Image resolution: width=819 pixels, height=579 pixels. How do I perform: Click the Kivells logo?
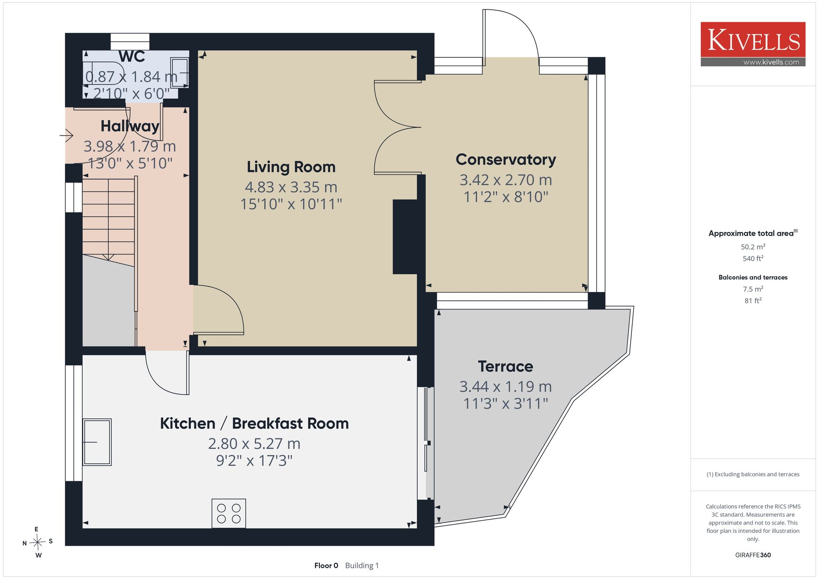(753, 44)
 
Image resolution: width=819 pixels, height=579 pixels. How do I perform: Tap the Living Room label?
(291, 167)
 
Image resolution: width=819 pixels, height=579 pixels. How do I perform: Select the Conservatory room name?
(506, 160)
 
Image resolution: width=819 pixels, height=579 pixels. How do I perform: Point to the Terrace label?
(505, 366)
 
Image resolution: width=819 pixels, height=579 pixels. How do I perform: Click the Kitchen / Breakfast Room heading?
(254, 424)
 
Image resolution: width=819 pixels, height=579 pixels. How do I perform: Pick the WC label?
(132, 56)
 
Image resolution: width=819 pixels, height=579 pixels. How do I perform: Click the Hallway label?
(130, 126)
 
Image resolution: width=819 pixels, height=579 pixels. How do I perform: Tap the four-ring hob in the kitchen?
(229, 513)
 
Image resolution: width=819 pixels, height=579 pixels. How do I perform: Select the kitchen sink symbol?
(97, 442)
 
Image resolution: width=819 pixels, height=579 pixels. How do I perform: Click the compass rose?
(37, 543)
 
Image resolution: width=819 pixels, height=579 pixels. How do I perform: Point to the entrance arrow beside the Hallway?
(67, 135)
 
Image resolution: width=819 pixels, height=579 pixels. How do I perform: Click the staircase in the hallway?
(109, 219)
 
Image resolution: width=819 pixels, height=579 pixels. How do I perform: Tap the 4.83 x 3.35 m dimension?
(291, 187)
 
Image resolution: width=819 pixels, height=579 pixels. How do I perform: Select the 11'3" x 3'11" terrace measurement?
(505, 403)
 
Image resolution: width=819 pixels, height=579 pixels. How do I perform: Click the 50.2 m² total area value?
(753, 247)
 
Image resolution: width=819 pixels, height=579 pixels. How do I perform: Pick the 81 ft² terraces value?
(753, 300)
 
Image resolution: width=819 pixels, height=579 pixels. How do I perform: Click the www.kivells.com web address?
(771, 62)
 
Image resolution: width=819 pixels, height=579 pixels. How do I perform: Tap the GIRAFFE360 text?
(753, 555)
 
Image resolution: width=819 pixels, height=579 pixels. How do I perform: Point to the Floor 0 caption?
(326, 565)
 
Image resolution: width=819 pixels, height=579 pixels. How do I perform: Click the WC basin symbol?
(179, 73)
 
